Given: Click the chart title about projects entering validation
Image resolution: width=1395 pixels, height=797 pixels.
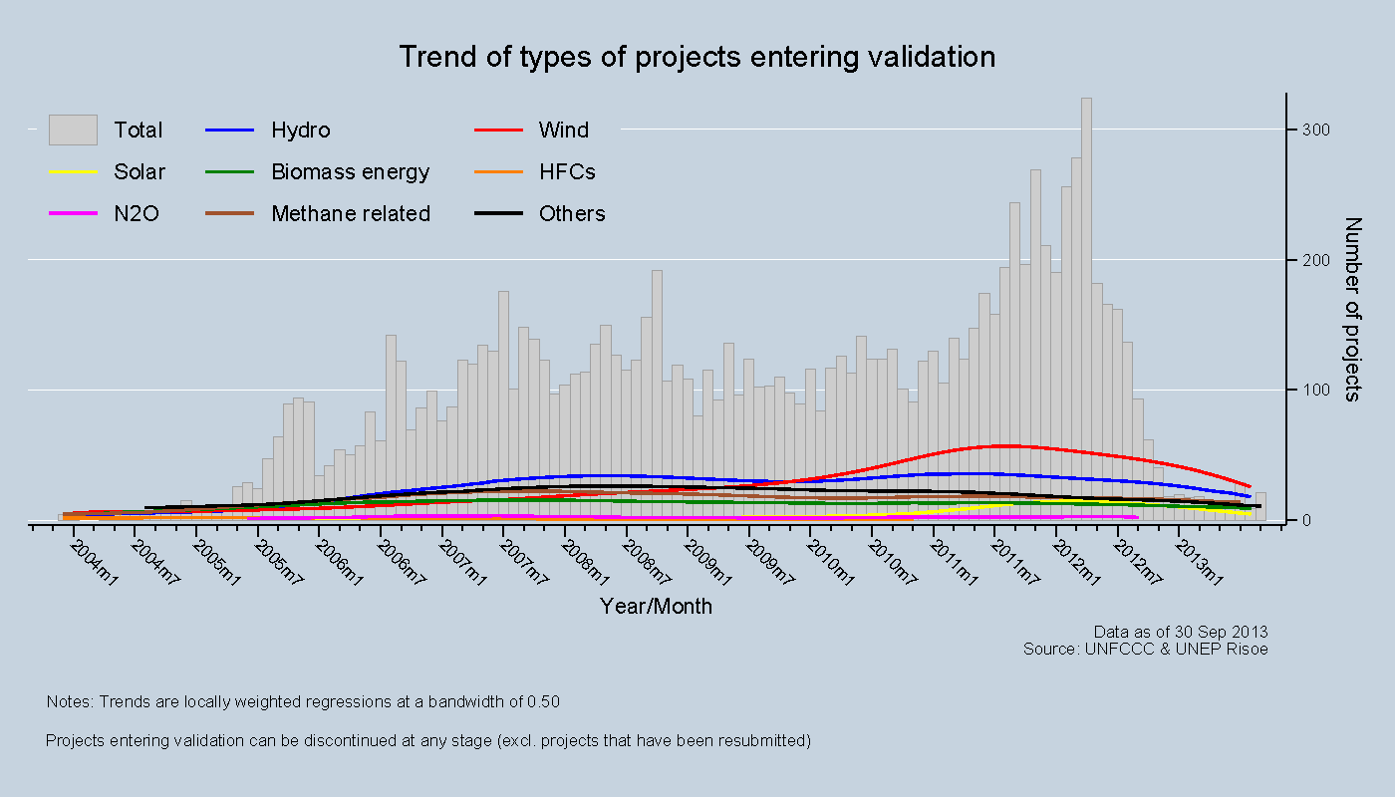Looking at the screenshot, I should (697, 57).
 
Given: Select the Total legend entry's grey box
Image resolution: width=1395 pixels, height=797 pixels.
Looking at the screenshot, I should (73, 130).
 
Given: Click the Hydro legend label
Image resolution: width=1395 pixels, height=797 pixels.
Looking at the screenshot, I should (300, 131).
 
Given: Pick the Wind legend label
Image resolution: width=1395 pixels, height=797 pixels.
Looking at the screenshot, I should (563, 131).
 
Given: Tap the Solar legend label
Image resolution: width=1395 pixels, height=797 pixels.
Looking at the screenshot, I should (139, 172).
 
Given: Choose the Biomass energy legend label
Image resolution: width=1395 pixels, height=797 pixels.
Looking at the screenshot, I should (350, 172).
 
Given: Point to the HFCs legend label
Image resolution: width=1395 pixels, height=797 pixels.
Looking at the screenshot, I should (567, 172).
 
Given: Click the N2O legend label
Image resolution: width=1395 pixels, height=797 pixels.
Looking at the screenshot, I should (137, 214).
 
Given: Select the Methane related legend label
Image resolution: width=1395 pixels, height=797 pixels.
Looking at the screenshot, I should (351, 214).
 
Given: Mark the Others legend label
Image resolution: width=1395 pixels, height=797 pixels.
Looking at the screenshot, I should (572, 214).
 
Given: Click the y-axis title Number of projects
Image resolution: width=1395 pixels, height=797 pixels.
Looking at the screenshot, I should (1352, 309).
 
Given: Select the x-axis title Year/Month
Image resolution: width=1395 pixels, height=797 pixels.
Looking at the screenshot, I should (656, 606).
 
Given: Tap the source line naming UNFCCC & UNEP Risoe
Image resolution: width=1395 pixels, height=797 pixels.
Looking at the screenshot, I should (1145, 649).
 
